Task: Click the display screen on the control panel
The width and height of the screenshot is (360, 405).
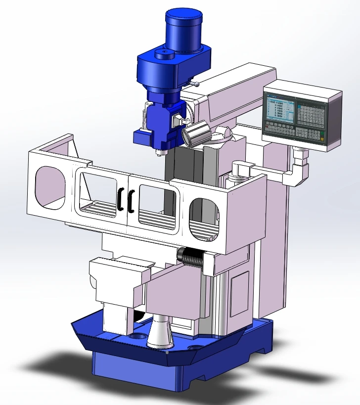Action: [x=280, y=110]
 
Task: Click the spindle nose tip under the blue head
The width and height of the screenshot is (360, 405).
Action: [x=159, y=151]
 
